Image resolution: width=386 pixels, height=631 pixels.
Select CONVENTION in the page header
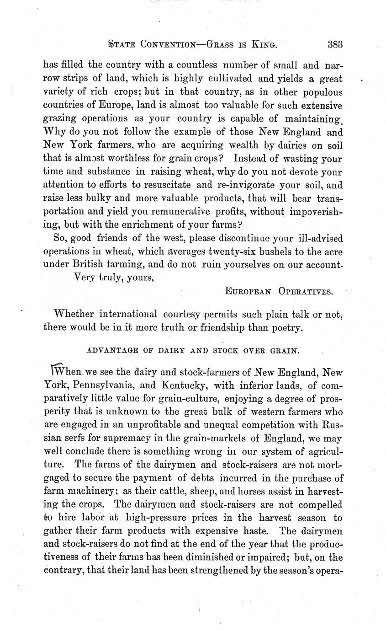(x=161, y=45)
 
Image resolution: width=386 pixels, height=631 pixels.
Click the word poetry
(x=285, y=327)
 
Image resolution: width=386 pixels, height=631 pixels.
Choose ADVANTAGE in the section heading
(x=109, y=351)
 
